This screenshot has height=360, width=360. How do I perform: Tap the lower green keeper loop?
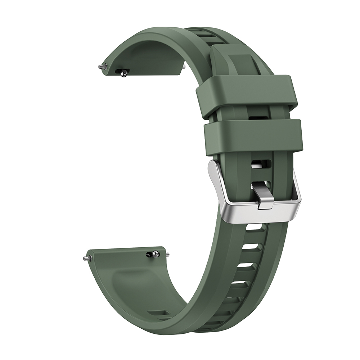pos(254,137)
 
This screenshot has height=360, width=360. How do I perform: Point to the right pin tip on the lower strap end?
pos(168,253)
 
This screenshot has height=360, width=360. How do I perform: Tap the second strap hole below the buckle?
pos(250,247)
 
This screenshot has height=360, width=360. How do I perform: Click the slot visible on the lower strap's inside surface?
pos(158,313)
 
